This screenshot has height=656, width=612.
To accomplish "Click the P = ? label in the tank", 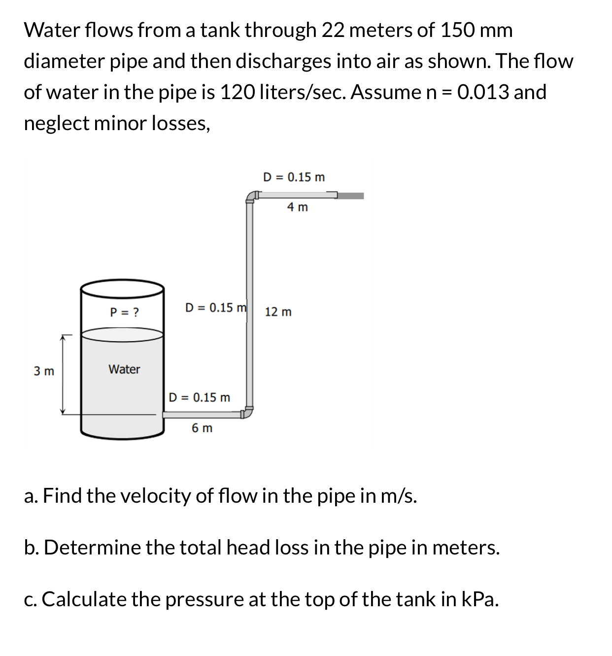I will coord(124,312).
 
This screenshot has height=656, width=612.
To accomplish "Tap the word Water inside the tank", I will coord(124,369).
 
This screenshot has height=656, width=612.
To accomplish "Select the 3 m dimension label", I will coord(44,371).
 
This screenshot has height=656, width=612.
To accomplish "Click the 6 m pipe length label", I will coord(202,428).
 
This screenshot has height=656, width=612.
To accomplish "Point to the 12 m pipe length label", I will coord(278,312).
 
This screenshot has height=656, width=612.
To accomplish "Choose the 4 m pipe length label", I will coord(297,207).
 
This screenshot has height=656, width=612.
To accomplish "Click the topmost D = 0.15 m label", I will coord(294,177).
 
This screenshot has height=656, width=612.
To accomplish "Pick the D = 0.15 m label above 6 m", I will coord(199,397).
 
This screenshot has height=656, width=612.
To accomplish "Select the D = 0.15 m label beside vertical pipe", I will coord(216,308).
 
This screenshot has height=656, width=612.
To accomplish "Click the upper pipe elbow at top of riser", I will coord(251,197).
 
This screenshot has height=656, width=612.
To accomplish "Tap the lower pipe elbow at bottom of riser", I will coord(248,412).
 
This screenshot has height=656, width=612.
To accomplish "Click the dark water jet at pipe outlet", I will coord(351,196).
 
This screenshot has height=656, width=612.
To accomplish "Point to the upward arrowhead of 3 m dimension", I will coord(63,338).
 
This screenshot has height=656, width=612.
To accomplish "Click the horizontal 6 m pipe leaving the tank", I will coord(202,414).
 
